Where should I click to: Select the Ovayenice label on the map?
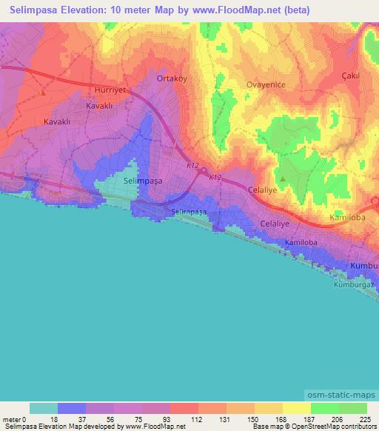[x=266, y=84]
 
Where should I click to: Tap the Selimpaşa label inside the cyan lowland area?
[x=144, y=180]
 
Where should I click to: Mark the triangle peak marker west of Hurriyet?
[x=44, y=93]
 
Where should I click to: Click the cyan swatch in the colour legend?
[x=44, y=408]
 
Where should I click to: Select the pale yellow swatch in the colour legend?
[x=297, y=408]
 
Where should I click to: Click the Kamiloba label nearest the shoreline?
[x=301, y=243]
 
